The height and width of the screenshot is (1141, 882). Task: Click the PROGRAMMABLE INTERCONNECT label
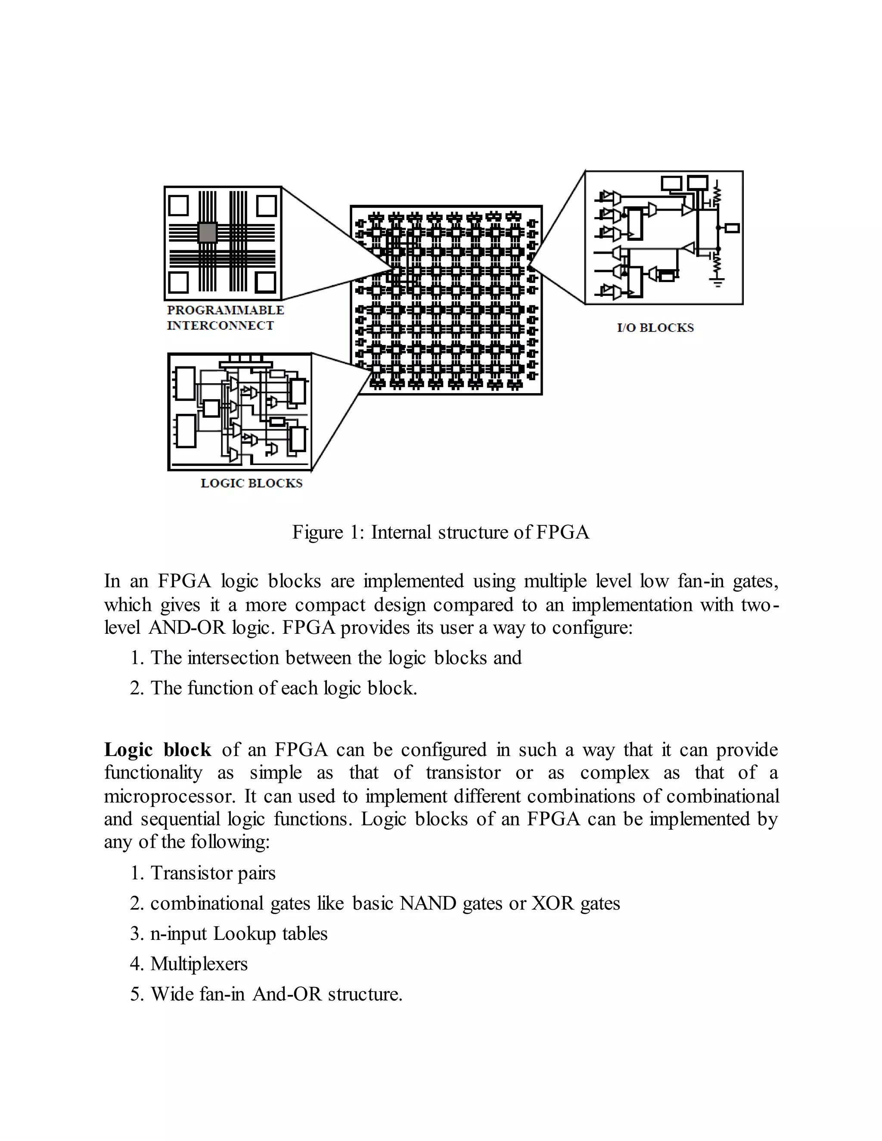click(225, 317)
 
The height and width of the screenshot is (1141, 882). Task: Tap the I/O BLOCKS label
click(655, 328)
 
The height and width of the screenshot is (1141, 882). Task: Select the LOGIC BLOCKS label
click(252, 483)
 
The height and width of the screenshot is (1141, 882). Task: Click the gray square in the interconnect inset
click(208, 232)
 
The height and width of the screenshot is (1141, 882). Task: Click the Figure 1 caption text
click(441, 532)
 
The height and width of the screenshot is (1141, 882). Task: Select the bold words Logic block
click(157, 750)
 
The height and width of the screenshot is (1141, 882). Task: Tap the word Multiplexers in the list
click(199, 963)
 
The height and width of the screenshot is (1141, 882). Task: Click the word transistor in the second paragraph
click(463, 773)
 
